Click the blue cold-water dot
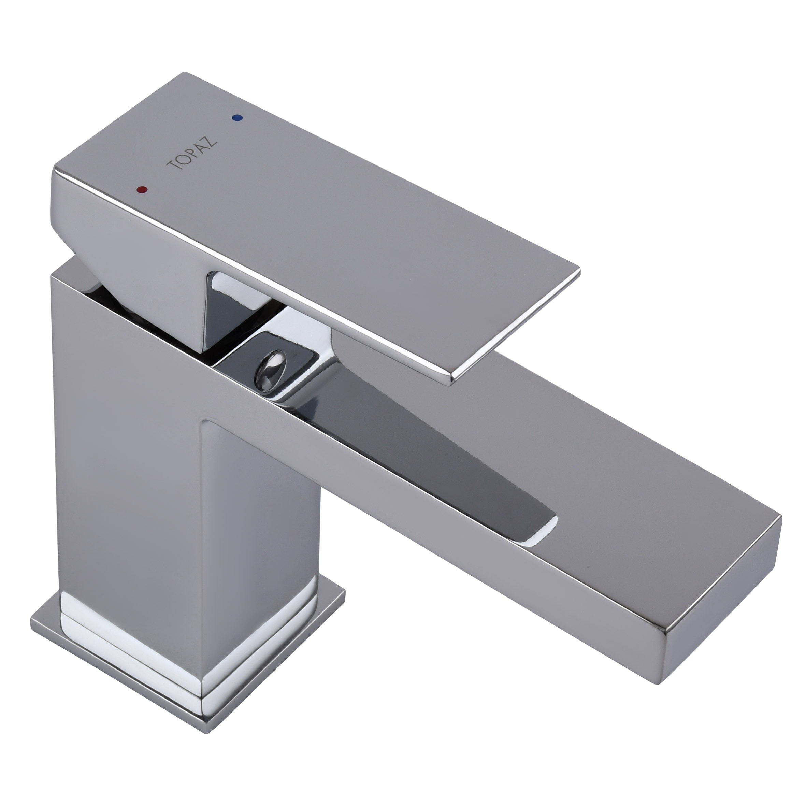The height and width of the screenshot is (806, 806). [238, 118]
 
